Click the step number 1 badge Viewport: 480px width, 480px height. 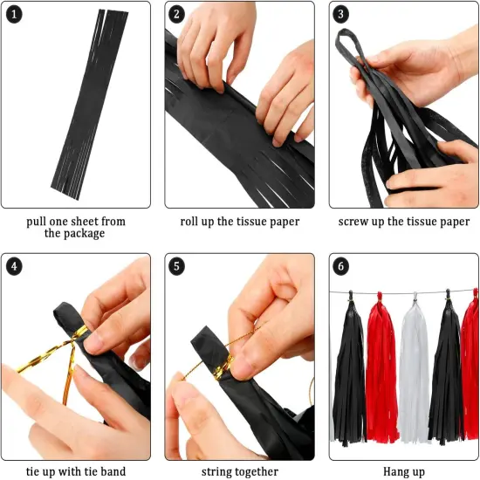point(15,15)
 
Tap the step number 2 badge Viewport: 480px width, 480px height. point(178,15)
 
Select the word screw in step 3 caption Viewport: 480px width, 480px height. point(356,222)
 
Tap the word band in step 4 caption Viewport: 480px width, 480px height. point(112,472)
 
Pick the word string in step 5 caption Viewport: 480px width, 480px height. point(218,472)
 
